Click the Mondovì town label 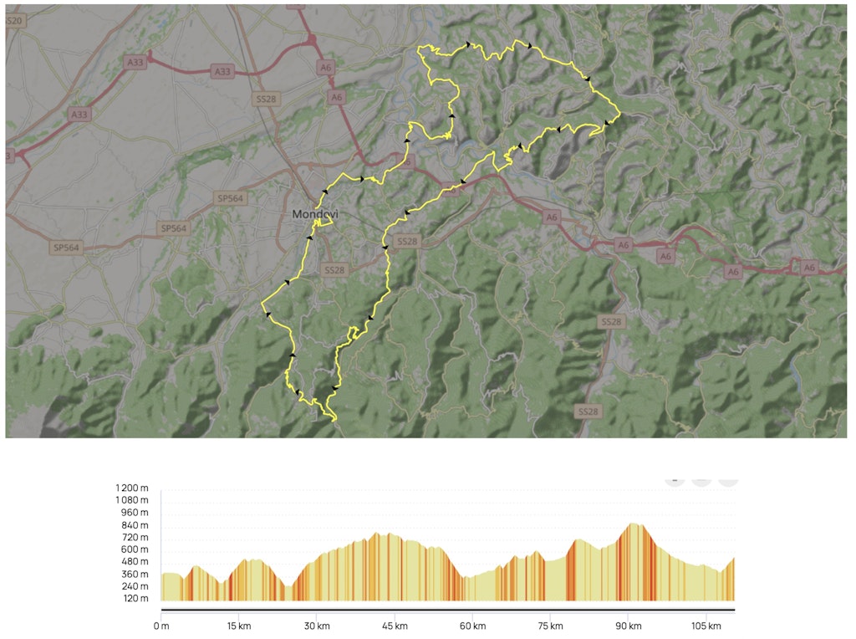[315, 215]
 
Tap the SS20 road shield [13, 20]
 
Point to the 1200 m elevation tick [132, 488]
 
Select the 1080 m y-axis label [132, 500]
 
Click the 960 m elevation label [134, 513]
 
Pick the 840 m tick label [134, 525]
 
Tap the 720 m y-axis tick [134, 537]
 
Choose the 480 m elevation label [134, 561]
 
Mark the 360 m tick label [134, 574]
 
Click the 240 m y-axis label [134, 586]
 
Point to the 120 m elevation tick [134, 599]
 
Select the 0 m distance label [161, 626]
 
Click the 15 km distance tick [239, 626]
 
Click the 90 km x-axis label [629, 626]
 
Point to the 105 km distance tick [706, 626]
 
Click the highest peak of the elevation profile [634, 524]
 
